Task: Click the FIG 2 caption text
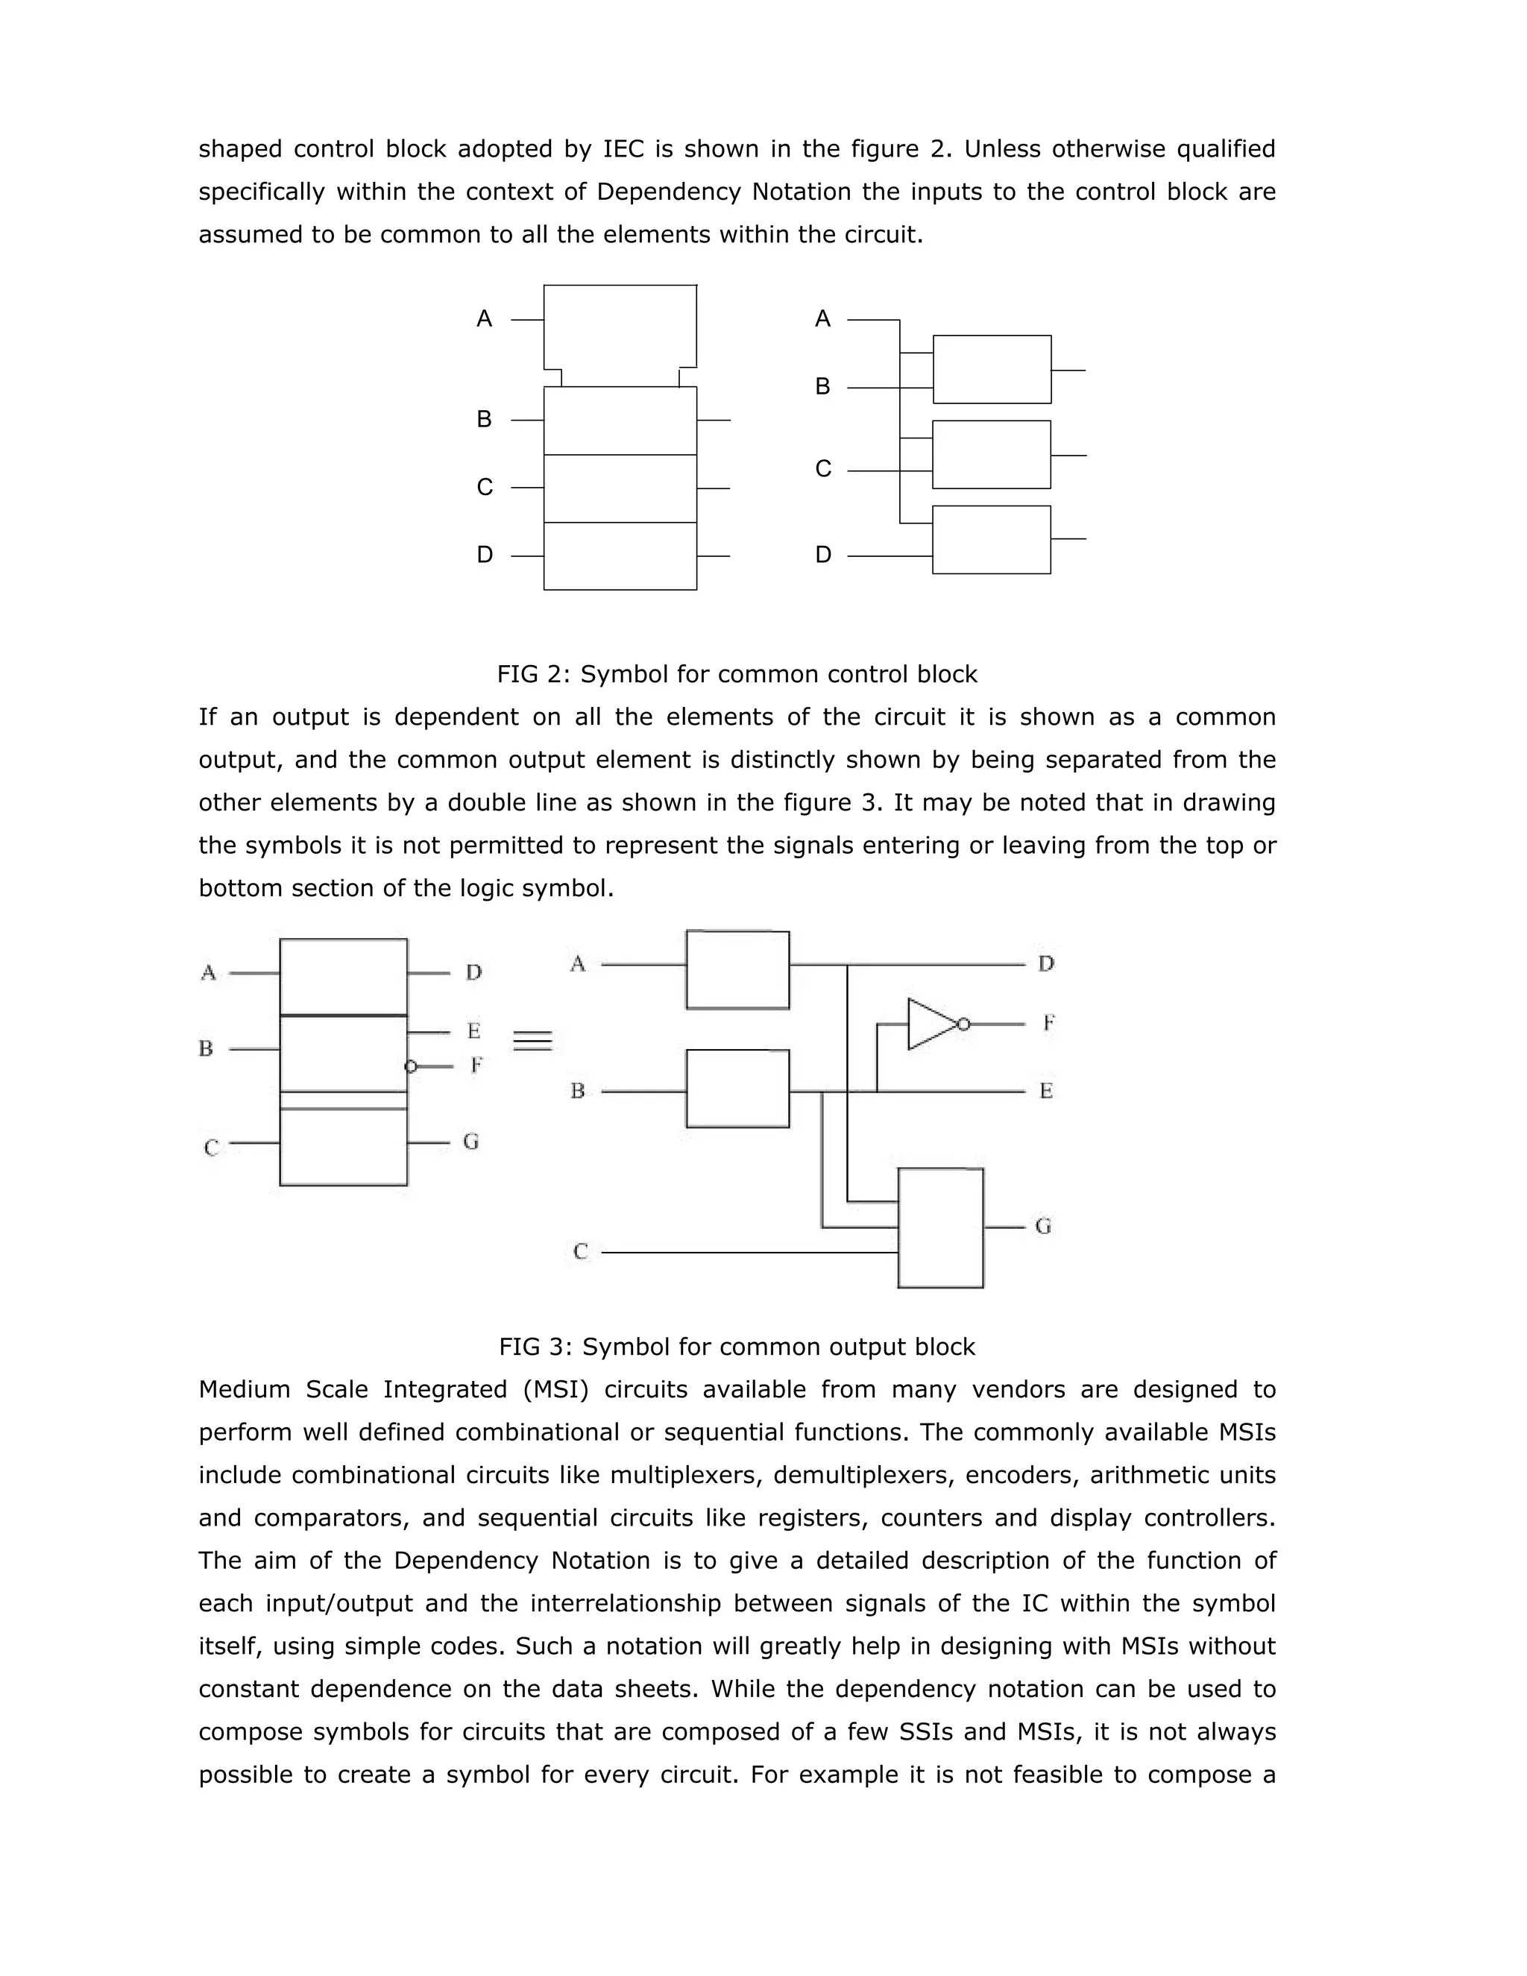pos(737,674)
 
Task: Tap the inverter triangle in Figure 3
pos(930,1025)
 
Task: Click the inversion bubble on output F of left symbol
pos(411,1067)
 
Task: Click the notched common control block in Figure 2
pos(620,330)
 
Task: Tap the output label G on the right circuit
pos(1043,1226)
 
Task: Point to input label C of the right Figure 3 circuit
pos(581,1251)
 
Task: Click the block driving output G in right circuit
pos(940,1228)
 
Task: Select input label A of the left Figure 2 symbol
pos(484,318)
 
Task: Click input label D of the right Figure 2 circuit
pos(822,555)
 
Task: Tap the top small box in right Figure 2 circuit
pos(992,369)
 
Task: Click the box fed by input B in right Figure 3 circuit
pos(737,1089)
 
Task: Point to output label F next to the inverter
pos(1048,1023)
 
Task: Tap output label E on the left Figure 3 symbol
pos(473,1031)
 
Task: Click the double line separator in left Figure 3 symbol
pos(343,1100)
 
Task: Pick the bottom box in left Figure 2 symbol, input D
pos(620,556)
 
